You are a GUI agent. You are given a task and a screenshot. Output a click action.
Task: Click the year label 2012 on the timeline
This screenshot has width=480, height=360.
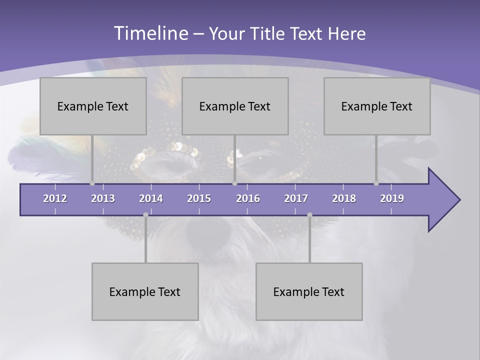pyautogui.click(x=55, y=198)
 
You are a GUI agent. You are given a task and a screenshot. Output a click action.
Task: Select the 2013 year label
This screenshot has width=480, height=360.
pyautogui.click(x=103, y=198)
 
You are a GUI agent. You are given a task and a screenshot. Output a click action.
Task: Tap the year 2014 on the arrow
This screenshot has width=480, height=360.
pyautogui.click(x=151, y=198)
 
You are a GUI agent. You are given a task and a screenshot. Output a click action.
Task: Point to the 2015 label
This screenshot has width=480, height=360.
pyautogui.click(x=199, y=198)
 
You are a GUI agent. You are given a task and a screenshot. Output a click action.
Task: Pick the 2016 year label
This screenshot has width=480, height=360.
pyautogui.click(x=248, y=198)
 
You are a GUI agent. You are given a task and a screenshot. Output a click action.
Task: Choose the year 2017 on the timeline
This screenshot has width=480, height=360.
pyautogui.click(x=296, y=198)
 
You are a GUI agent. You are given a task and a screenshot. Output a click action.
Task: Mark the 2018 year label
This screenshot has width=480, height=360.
pyautogui.click(x=344, y=198)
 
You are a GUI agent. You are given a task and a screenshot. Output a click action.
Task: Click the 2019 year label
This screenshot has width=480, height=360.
pyautogui.click(x=392, y=198)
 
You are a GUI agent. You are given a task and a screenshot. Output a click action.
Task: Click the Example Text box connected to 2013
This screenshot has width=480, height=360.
pyautogui.click(x=93, y=106)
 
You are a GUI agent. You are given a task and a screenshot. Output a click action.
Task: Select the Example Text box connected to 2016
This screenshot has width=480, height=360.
pyautogui.click(x=235, y=106)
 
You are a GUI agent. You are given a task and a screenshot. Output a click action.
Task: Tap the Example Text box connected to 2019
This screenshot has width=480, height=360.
pyautogui.click(x=377, y=106)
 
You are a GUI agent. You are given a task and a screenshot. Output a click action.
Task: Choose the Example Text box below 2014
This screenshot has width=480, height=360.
pyautogui.click(x=145, y=291)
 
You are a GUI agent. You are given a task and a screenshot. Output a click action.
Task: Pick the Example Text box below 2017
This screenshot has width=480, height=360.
pyautogui.click(x=309, y=291)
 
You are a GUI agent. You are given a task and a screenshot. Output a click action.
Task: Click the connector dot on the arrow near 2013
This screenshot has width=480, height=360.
pyautogui.click(x=92, y=183)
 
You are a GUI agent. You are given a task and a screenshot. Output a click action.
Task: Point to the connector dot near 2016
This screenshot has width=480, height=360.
pyautogui.click(x=234, y=183)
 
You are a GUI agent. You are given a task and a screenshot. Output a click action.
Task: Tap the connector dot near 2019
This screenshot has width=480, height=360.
pyautogui.click(x=376, y=183)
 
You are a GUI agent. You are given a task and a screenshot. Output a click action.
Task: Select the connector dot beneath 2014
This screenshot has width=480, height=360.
pyautogui.click(x=145, y=215)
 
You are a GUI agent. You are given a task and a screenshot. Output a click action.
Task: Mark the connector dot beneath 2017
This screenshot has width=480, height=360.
pyautogui.click(x=309, y=215)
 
